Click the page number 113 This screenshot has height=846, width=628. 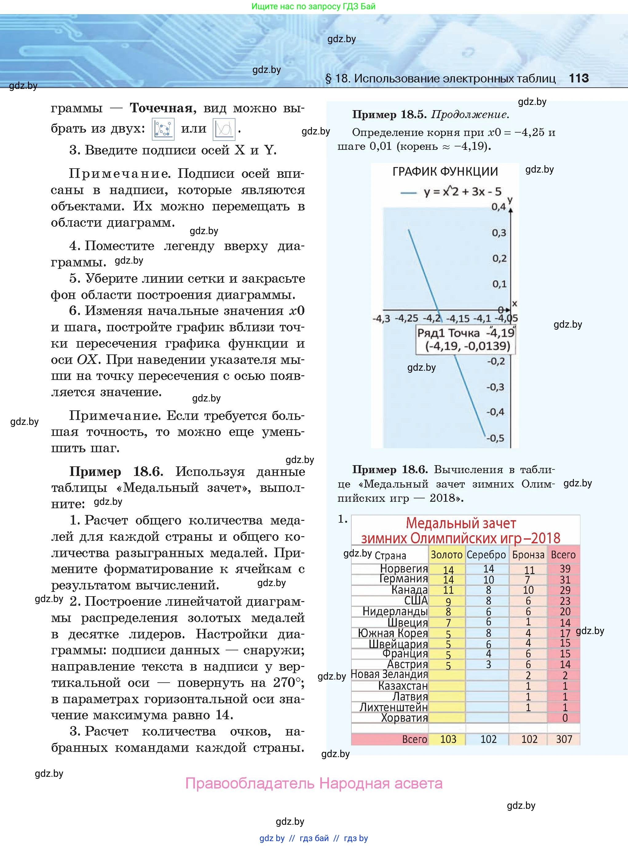click(579, 78)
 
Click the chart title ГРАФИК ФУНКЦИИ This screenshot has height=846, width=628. click(445, 172)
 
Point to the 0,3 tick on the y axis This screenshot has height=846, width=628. click(499, 233)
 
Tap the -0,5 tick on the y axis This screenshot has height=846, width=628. click(495, 438)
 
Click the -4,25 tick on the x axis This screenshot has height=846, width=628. click(406, 318)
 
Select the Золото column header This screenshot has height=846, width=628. click(446, 555)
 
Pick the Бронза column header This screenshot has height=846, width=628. click(528, 555)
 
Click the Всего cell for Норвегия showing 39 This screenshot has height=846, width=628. click(565, 569)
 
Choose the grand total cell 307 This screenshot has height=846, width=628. click(564, 739)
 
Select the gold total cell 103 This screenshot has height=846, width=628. click(448, 739)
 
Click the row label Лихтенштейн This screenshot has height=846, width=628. click(393, 707)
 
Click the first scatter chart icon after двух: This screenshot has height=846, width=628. click(163, 129)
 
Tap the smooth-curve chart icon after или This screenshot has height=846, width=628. click(224, 129)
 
